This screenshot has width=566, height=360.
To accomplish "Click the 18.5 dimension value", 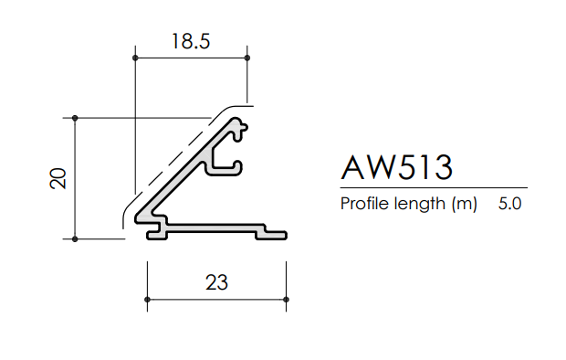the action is click(191, 40).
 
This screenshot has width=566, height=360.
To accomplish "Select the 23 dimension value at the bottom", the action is click(216, 281).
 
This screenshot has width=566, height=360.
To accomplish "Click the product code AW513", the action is click(396, 167).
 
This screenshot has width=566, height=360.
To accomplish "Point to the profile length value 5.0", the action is click(510, 205).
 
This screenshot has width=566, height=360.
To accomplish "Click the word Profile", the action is click(362, 205).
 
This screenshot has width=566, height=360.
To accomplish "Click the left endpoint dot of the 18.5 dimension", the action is click(135, 58).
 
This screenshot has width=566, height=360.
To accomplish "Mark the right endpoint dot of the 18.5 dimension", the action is click(247, 58).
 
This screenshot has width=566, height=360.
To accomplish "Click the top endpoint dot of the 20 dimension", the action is click(75, 118).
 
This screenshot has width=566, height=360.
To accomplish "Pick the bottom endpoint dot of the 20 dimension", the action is click(75, 239).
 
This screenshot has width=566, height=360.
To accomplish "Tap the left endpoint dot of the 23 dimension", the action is click(147, 299).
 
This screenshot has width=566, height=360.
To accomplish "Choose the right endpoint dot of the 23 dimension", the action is click(286, 299).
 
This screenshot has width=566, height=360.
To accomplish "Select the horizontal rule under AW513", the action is click(434, 187).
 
